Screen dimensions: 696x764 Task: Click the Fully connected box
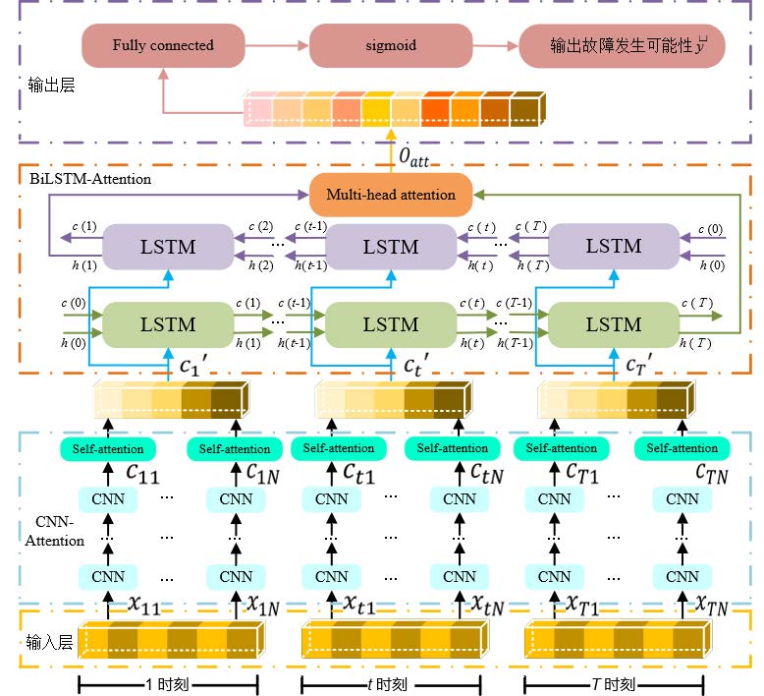click(162, 45)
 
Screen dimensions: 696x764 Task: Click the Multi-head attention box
click(390, 194)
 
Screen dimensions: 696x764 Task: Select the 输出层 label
click(52, 87)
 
